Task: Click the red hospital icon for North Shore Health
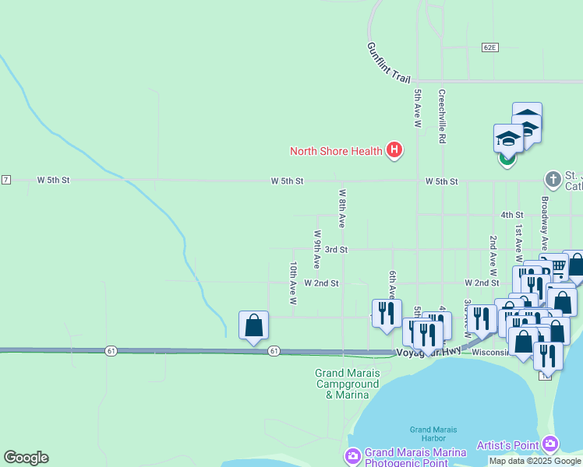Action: [x=394, y=150]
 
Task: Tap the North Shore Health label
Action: [x=336, y=151]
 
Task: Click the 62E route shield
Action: [x=489, y=47]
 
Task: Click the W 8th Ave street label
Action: [x=342, y=208]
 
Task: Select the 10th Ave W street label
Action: [x=294, y=282]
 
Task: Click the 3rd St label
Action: [x=336, y=250]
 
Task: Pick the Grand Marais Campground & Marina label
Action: [x=347, y=384]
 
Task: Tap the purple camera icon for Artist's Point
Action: [x=552, y=444]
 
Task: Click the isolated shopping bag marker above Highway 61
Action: [x=254, y=325]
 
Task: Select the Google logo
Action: [x=26, y=458]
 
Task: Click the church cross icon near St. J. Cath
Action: [x=553, y=180]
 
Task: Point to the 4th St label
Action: [x=511, y=215]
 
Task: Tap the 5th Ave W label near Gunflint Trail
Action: [x=418, y=108]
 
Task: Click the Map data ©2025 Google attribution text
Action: [x=535, y=461]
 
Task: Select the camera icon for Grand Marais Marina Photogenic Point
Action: [x=352, y=454]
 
